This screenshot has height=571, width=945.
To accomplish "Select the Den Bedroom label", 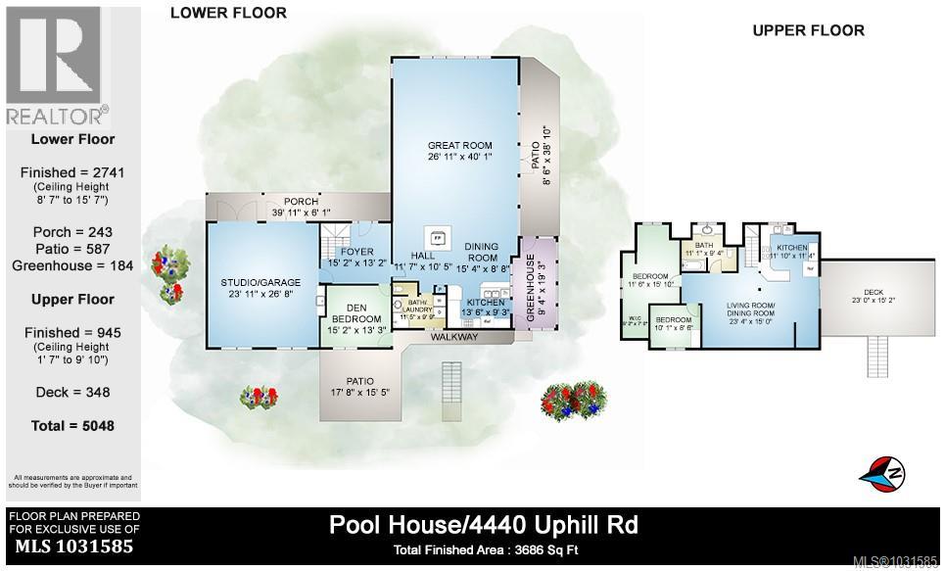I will coord(356,318).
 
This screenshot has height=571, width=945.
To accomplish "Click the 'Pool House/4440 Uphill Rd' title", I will coord(483,524).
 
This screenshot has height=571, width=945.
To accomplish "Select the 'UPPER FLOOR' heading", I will coord(808,30).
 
